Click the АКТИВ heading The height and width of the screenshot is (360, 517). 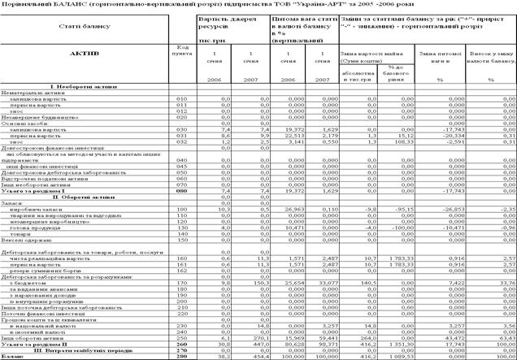tap(85, 54)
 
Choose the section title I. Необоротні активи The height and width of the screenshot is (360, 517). tap(85, 85)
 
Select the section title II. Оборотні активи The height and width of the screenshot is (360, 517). tap(85, 196)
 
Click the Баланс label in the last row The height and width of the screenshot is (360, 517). tap(14, 355)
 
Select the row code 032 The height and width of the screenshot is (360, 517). tap(182, 141)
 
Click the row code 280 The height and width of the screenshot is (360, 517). tap(182, 355)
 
